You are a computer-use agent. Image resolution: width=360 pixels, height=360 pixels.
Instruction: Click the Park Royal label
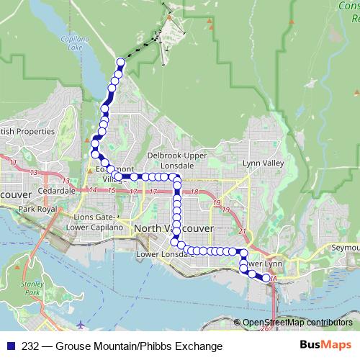pos(37,209)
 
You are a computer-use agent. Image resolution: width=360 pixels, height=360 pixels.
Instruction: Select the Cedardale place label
pos(57,191)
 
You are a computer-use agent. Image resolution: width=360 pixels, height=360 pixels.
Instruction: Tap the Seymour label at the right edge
pos(346,247)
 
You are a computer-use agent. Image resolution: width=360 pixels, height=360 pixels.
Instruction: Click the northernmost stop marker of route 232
pos(120,63)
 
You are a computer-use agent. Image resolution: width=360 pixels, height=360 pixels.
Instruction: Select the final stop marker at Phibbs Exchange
pos(266,278)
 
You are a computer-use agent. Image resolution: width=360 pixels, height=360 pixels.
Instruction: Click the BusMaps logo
pos(325,345)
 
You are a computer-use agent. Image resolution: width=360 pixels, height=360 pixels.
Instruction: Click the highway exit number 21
pos(243,230)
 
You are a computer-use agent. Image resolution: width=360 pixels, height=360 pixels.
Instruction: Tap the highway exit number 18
pos(195,192)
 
